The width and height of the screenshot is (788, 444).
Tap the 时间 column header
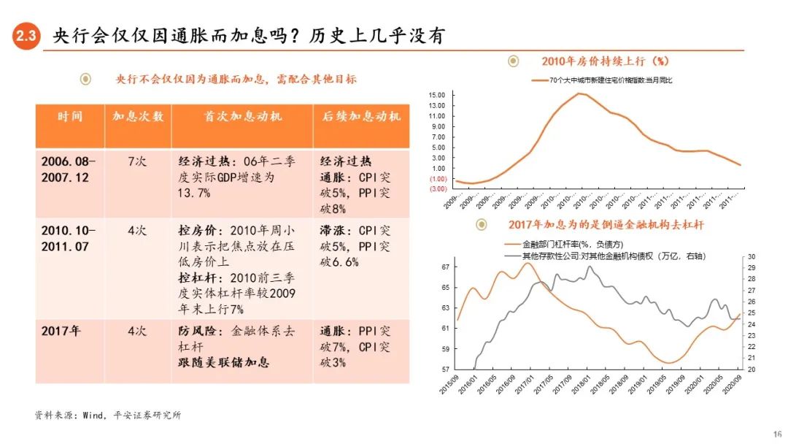70,117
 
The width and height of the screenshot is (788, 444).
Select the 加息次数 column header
137,117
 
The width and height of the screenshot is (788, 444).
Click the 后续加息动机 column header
360,117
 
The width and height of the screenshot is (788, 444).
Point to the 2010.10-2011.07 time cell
69,239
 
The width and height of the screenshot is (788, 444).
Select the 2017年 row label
61,331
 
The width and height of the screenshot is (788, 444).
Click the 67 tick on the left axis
445,267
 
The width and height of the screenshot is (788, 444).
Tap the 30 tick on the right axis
751,256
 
